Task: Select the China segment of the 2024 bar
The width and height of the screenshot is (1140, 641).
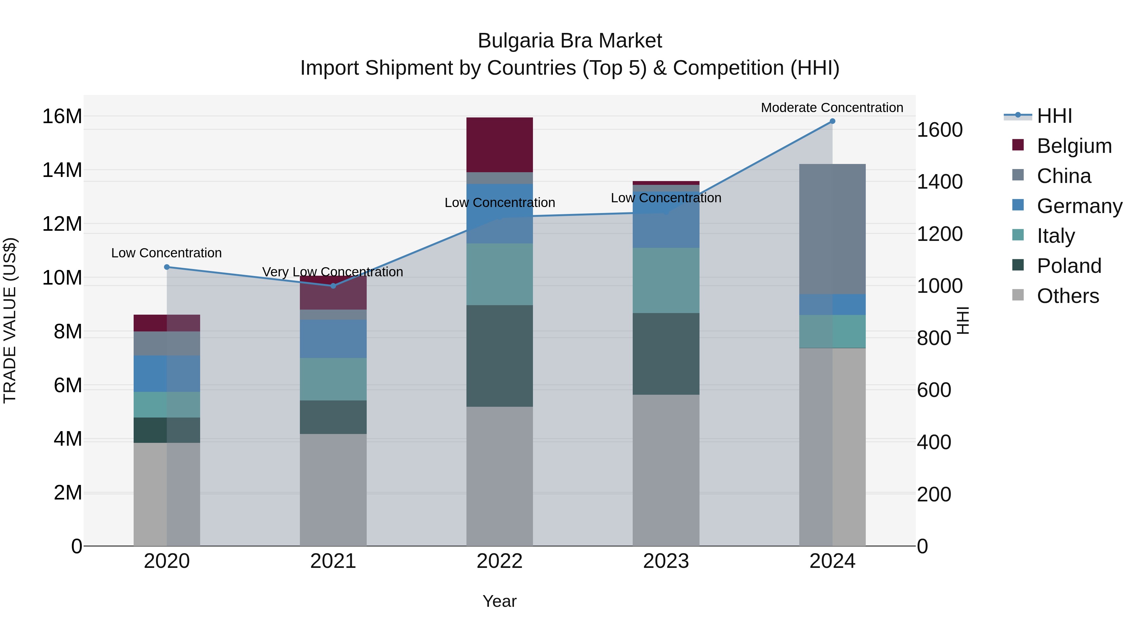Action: (832, 229)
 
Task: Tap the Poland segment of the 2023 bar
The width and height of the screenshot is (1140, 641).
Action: (666, 354)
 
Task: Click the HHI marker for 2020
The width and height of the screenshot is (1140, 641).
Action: (167, 267)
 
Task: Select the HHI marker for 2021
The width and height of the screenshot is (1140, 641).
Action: (333, 286)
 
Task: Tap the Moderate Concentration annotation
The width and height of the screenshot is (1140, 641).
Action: (832, 108)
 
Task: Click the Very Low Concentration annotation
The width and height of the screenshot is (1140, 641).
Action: (332, 272)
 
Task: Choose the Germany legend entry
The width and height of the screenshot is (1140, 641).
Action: (1079, 206)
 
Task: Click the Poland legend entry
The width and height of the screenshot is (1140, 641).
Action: (1069, 266)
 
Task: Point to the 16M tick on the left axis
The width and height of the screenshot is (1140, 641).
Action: (62, 116)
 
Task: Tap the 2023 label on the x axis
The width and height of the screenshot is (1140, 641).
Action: (666, 561)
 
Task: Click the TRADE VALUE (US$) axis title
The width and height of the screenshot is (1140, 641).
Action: (10, 320)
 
